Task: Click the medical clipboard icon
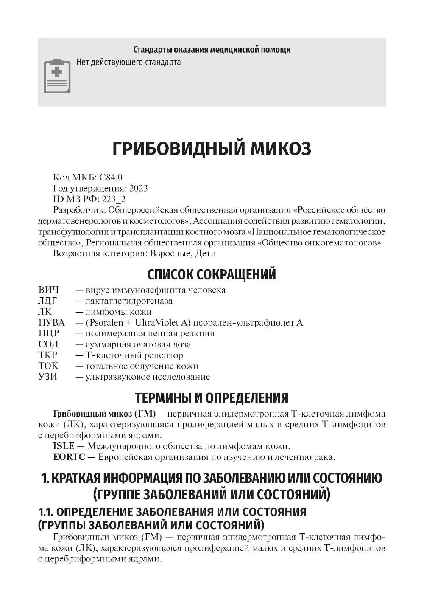[x=57, y=76]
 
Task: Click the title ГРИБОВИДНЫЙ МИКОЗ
[x=212, y=148]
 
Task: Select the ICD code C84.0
[x=111, y=177]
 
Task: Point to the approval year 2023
[x=139, y=188]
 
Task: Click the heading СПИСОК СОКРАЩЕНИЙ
[x=212, y=274]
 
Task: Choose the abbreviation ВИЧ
[x=48, y=290]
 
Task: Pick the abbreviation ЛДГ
[x=47, y=301]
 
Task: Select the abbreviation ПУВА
[x=51, y=323]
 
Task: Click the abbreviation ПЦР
[x=49, y=333]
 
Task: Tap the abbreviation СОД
[x=48, y=344]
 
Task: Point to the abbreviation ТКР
[x=47, y=355]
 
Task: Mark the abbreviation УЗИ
[x=47, y=377]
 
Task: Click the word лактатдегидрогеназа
[x=129, y=301]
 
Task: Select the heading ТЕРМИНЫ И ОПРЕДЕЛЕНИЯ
[x=212, y=398]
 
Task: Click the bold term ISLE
[x=64, y=446]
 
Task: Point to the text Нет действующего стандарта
[x=128, y=62]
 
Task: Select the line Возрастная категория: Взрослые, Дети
[x=134, y=254]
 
